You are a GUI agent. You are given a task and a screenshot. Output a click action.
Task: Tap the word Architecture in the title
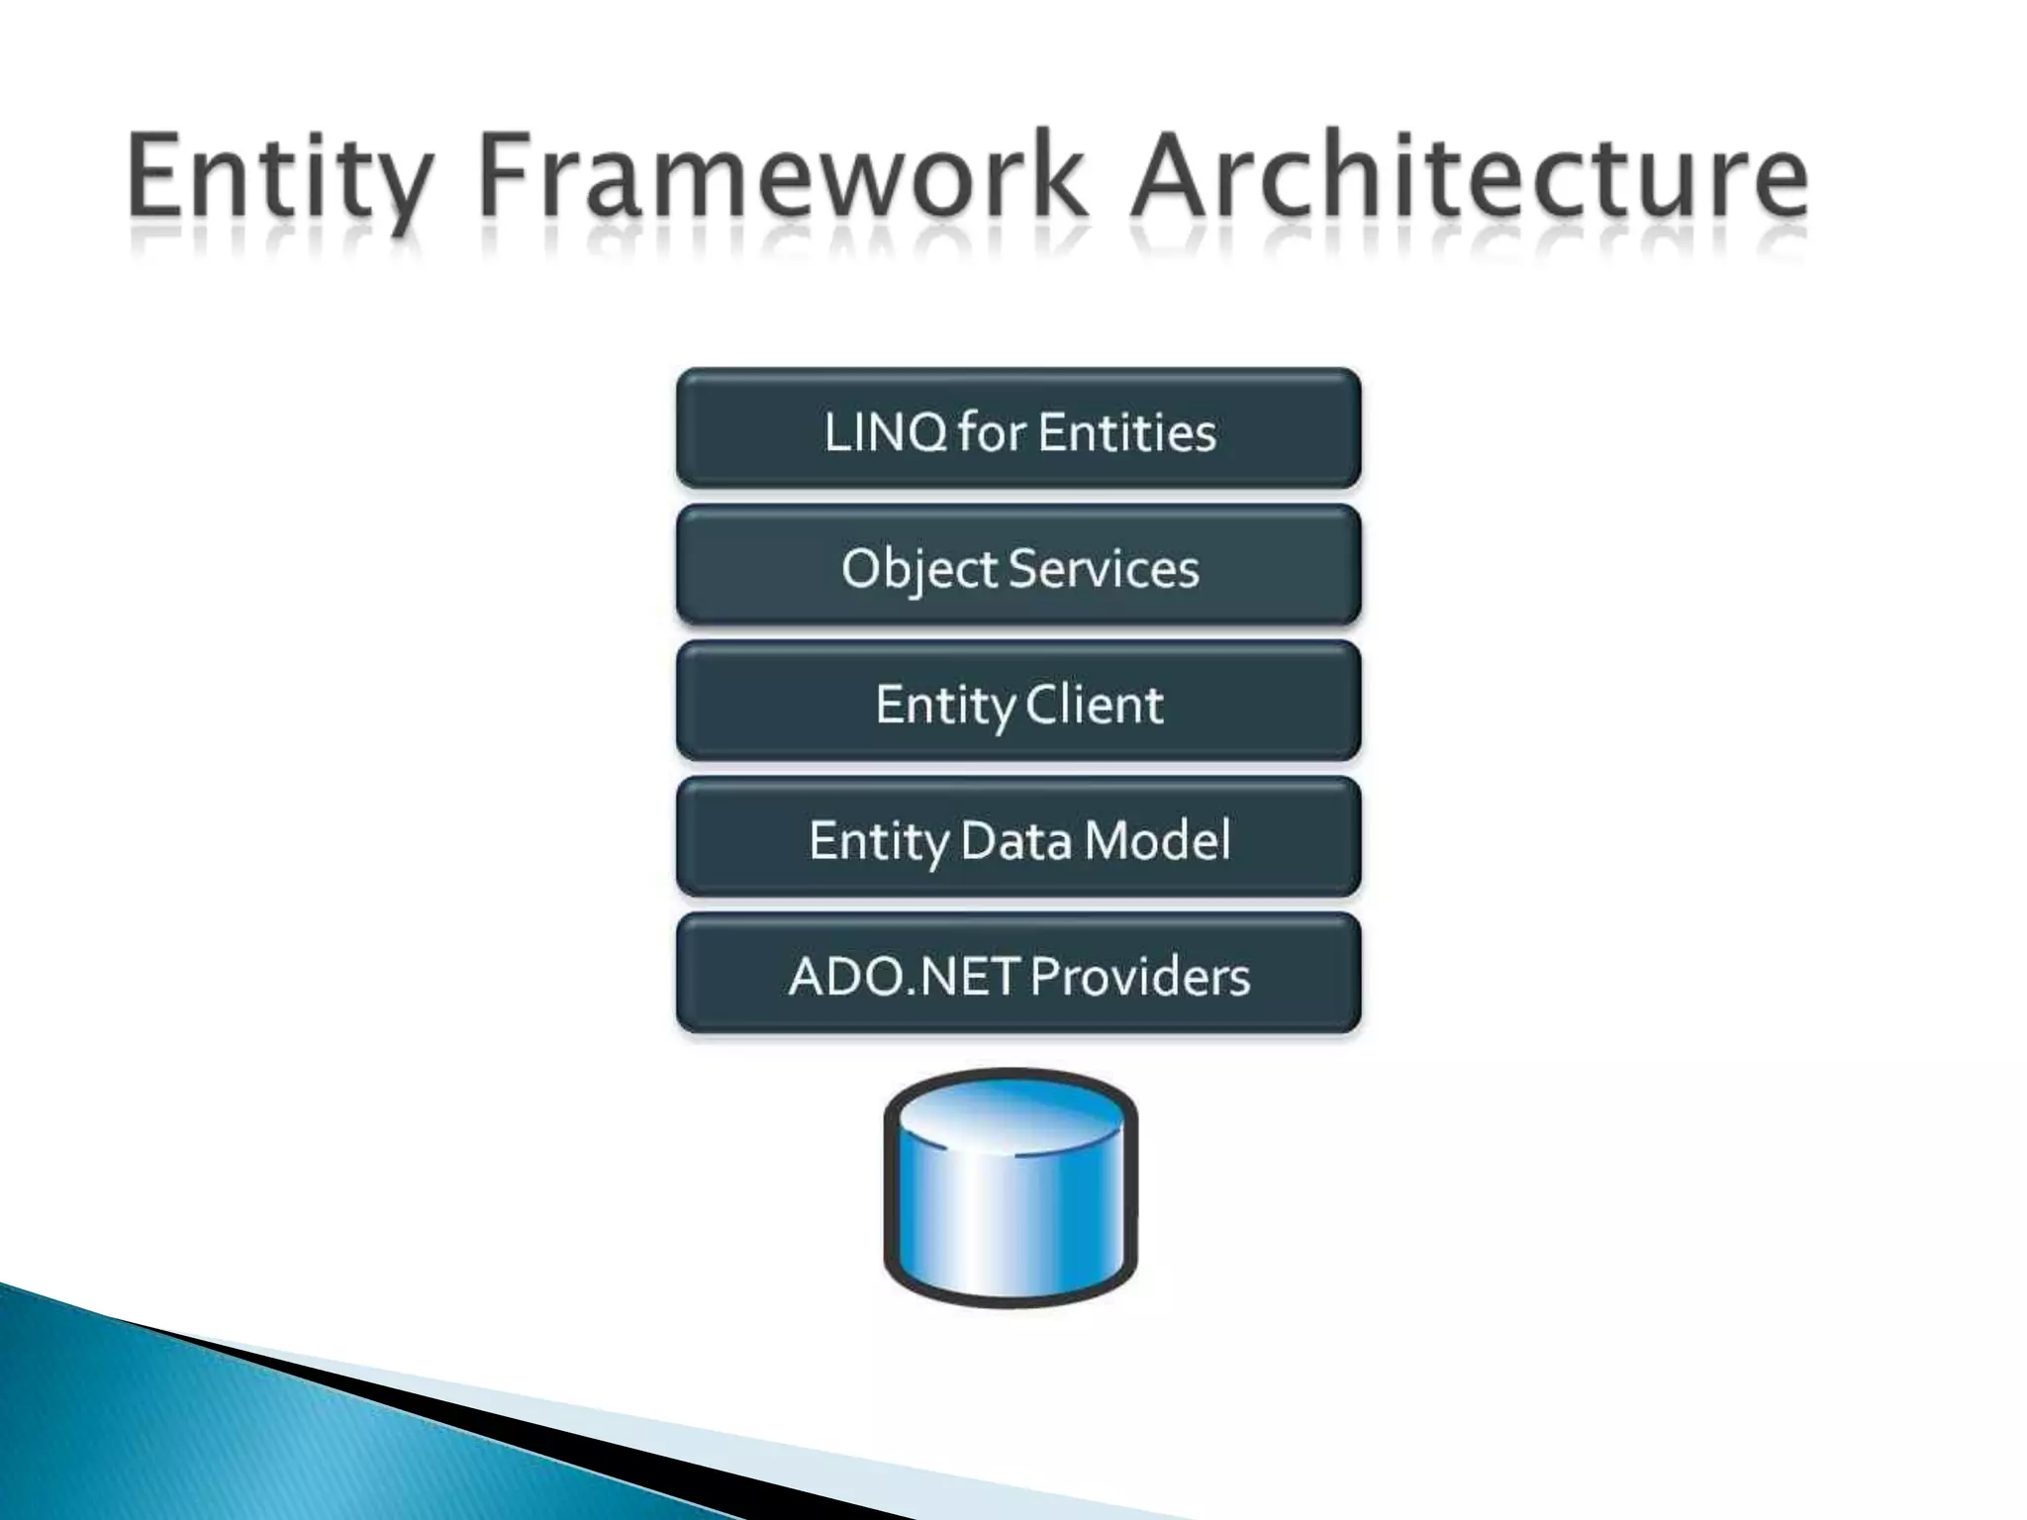click(1470, 178)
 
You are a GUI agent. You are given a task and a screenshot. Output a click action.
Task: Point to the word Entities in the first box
click(1127, 432)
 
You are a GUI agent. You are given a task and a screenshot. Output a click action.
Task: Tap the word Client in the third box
click(1094, 705)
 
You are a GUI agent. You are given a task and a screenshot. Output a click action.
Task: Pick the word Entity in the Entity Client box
click(945, 705)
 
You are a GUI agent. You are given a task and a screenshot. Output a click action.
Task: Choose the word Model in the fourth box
click(1157, 841)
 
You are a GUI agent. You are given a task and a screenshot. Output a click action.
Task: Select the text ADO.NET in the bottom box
click(904, 977)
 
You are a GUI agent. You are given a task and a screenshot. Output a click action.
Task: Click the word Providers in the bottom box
click(1139, 977)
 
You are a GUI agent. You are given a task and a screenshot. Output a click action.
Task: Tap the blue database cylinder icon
click(1011, 1207)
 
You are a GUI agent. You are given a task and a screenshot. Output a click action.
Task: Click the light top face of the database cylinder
click(1011, 1114)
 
